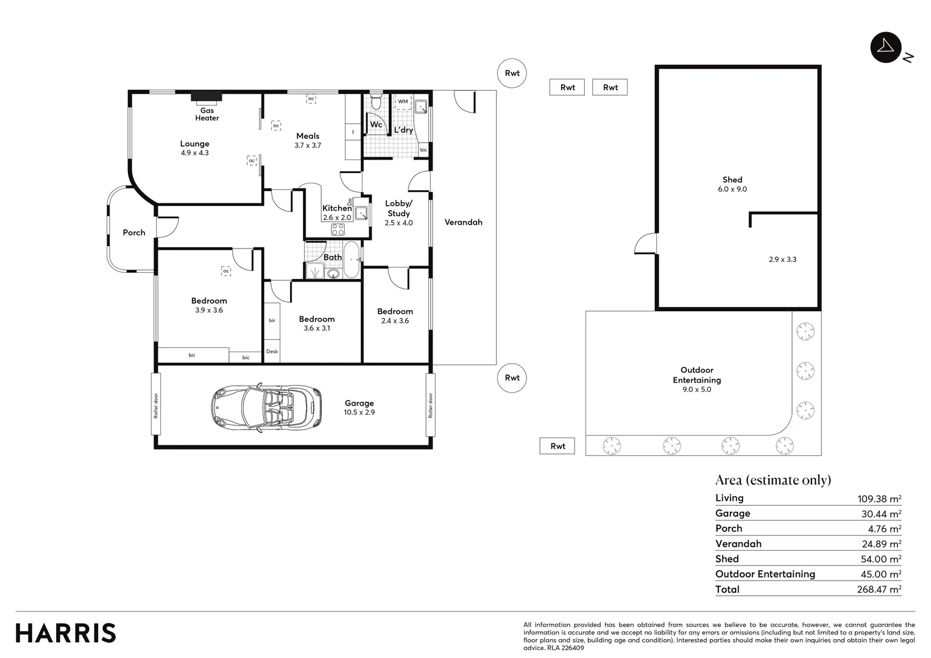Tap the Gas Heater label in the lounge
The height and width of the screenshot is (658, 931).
pos(207,114)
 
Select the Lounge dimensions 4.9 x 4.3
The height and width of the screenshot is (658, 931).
pos(194,153)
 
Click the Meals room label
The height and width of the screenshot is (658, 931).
pos(308,136)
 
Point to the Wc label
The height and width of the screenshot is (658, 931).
pos(376,125)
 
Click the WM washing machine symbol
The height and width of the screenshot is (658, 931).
pos(403,102)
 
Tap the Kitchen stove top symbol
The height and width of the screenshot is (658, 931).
pos(338,230)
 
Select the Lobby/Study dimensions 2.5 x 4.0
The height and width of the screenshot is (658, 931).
pos(398,223)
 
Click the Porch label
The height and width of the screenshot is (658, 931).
pos(134,233)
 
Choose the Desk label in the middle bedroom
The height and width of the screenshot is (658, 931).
pos(272,352)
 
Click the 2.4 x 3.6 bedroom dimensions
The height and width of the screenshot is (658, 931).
pos(395,321)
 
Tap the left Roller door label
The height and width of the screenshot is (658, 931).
pos(156,405)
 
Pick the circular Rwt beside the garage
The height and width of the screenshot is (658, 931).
pos(512,378)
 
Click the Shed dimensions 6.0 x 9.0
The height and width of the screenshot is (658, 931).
pos(732,189)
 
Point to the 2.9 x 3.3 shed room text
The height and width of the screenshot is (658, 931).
pos(782,260)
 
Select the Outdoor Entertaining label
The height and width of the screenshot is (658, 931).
pos(696,375)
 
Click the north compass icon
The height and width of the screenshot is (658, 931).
pos(886,48)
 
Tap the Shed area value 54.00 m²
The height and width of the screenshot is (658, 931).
pos(879,559)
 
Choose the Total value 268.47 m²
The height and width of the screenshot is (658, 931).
pos(879,590)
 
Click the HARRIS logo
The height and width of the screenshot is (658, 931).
pos(66,633)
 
